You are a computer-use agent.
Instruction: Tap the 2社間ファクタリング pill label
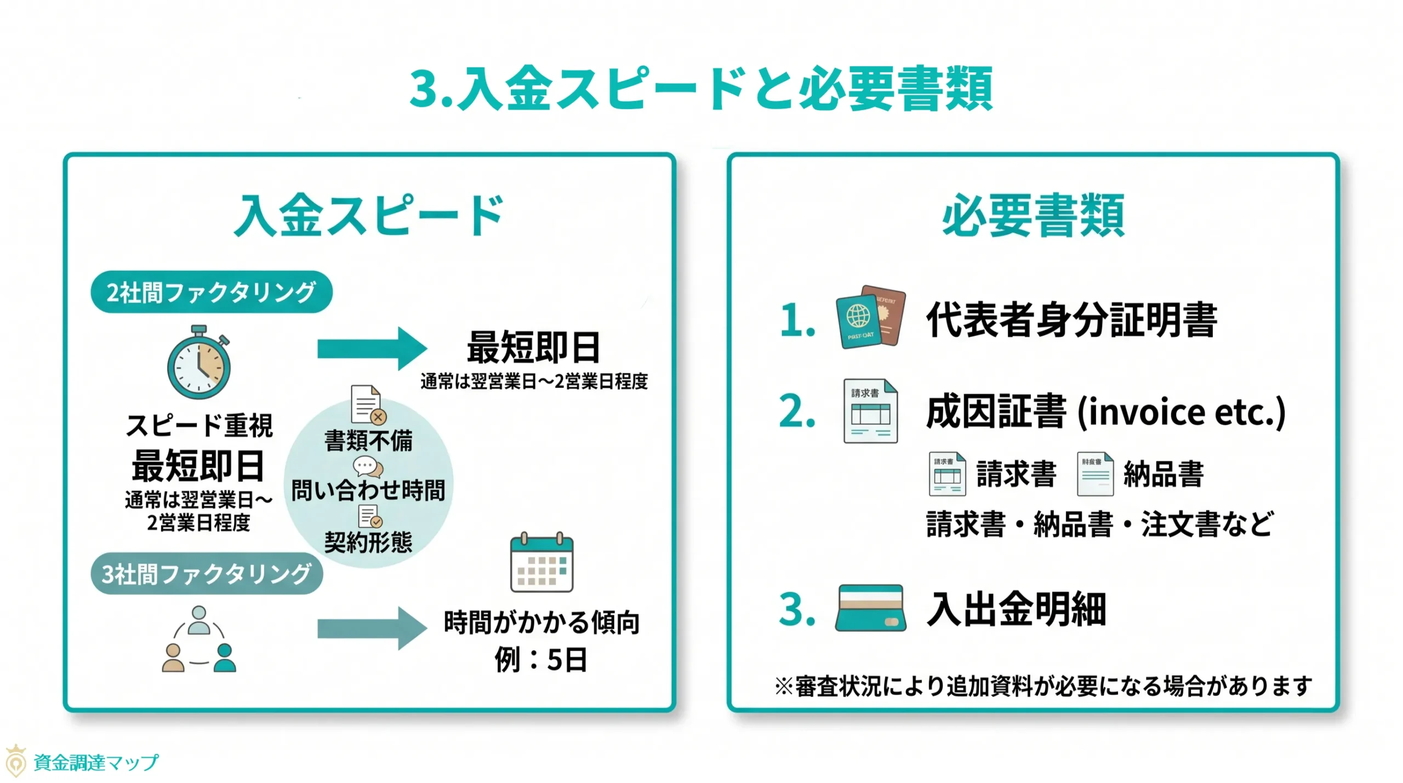pyautogui.click(x=211, y=292)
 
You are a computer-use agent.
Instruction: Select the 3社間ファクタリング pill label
pyautogui.click(x=207, y=574)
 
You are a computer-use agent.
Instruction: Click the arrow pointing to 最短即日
pyautogui.click(x=372, y=348)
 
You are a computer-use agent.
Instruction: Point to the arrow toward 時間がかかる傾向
pyautogui.click(x=372, y=628)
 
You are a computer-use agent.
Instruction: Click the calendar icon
pyautogui.click(x=541, y=562)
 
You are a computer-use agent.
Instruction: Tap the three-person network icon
pyautogui.click(x=199, y=639)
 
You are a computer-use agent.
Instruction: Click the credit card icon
pyautogui.click(x=870, y=608)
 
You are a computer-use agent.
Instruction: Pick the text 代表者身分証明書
pyautogui.click(x=1071, y=320)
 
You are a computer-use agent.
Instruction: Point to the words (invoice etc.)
pyautogui.click(x=1181, y=413)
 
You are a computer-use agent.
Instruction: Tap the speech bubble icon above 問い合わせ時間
pyautogui.click(x=368, y=467)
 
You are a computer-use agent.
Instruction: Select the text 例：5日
pyautogui.click(x=541, y=659)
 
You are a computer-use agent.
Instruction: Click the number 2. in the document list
pyautogui.click(x=797, y=411)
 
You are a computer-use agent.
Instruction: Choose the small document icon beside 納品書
pyautogui.click(x=1094, y=474)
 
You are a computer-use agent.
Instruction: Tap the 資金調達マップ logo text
pyautogui.click(x=96, y=762)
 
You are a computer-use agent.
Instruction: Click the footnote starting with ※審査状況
pyautogui.click(x=1043, y=686)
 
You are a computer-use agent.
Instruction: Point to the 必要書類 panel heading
pyautogui.click(x=1033, y=216)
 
